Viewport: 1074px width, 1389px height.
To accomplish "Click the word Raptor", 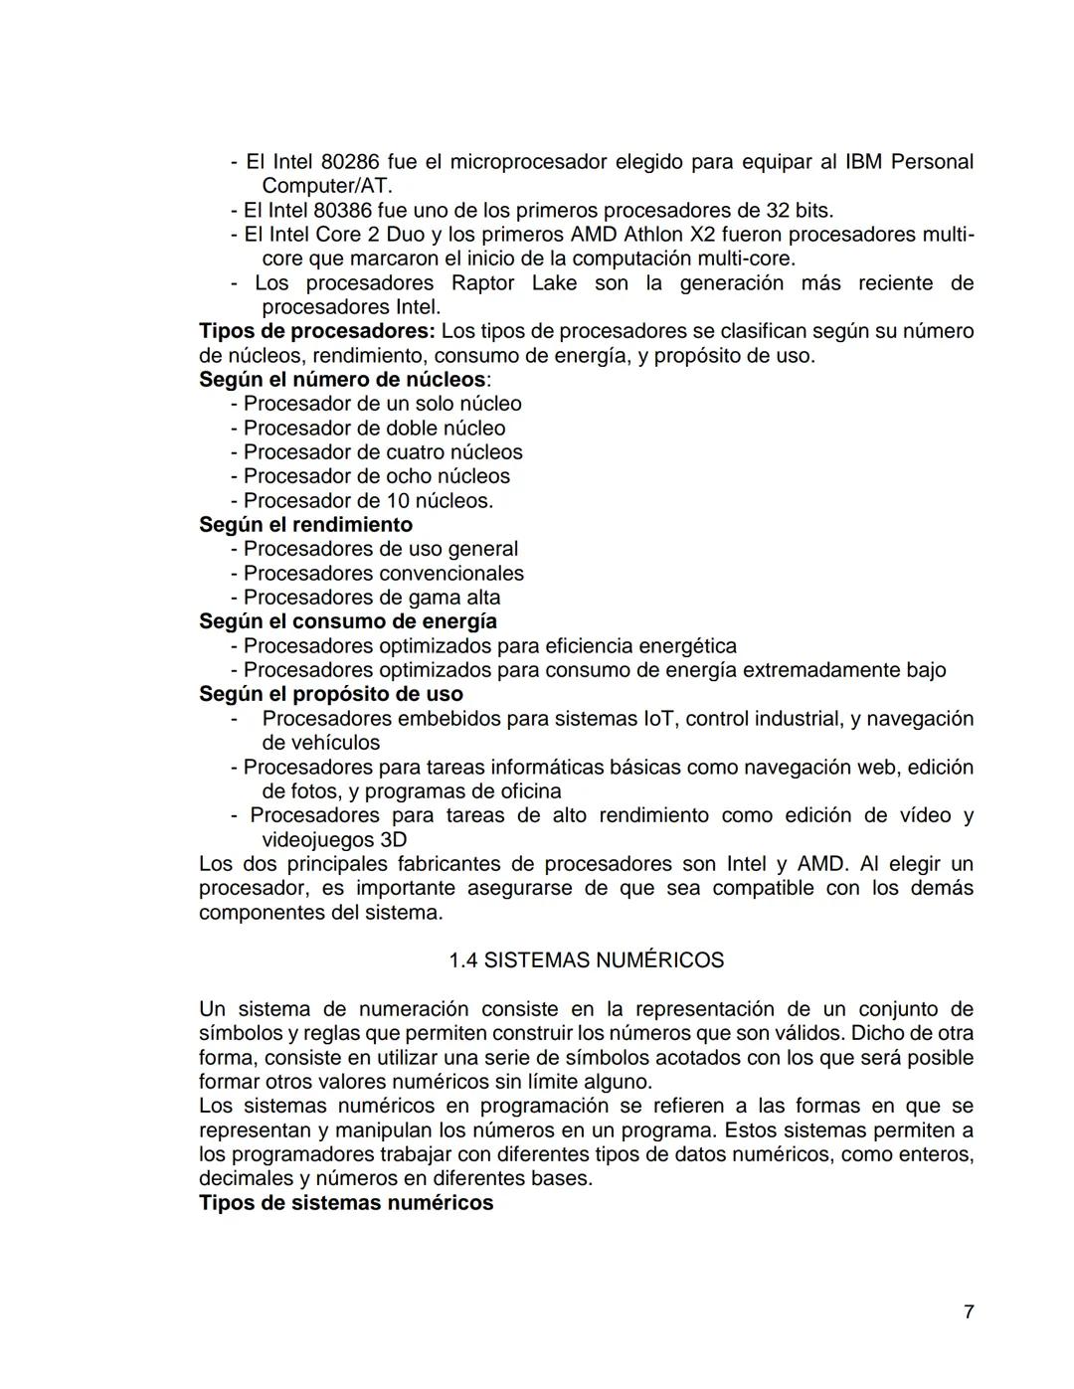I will [483, 283].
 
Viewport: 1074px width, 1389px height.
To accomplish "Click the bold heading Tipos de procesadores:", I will [316, 331].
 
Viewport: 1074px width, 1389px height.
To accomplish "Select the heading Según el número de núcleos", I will [343, 380].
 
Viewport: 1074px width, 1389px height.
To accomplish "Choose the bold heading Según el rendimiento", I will [305, 525].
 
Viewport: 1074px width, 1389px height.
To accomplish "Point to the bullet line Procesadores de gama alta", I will [371, 598].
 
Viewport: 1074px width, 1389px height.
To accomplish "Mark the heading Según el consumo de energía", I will [347, 621].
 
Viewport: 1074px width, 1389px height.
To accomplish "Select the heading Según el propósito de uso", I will [330, 694].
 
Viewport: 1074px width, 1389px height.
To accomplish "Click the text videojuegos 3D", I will [333, 840].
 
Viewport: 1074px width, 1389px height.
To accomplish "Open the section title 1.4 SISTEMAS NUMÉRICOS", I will [586, 960].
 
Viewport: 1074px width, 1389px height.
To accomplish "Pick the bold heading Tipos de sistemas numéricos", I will [345, 1203].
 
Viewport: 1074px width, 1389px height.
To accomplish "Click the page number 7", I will [969, 1312].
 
